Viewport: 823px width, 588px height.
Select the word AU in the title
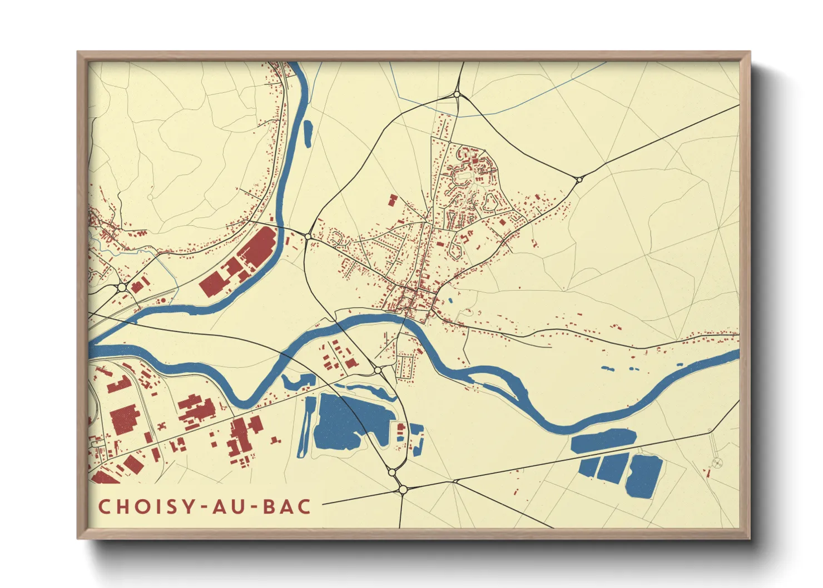tap(229, 506)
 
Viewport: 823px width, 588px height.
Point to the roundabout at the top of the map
tap(457, 95)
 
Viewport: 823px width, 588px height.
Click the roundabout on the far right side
tap(579, 179)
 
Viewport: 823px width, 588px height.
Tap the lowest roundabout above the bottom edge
tap(403, 490)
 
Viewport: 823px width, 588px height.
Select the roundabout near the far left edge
tap(122, 287)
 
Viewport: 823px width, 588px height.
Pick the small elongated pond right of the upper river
tap(307, 133)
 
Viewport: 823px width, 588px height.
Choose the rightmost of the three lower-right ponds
tap(645, 476)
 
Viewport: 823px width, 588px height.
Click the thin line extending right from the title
tap(356, 502)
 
